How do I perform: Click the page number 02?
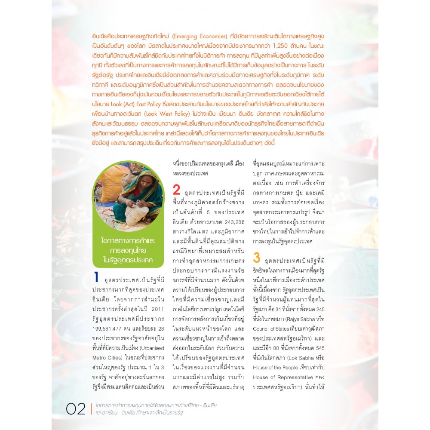pos(76,408)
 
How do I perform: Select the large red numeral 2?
pos(176,190)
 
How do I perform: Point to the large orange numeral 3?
pos(257,258)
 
